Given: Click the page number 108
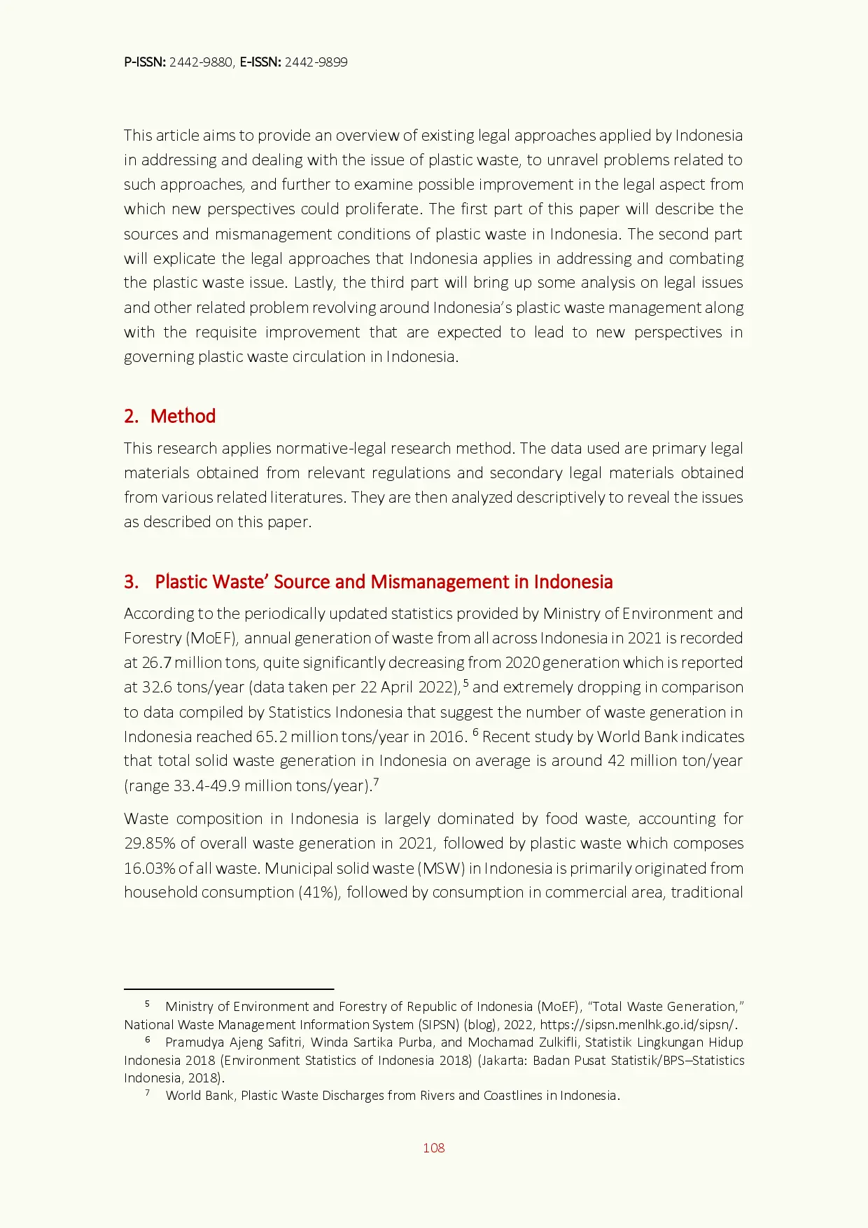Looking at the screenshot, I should click(x=433, y=1147).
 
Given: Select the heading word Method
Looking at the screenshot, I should click(x=183, y=416).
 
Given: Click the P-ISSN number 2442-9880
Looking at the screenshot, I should click(x=201, y=62).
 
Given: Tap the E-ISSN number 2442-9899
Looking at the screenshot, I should click(x=316, y=62).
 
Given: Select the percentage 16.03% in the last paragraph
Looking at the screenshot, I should click(x=149, y=868).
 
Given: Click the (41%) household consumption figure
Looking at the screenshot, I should click(x=319, y=893).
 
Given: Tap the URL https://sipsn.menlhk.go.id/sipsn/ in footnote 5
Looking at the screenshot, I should click(x=638, y=1024).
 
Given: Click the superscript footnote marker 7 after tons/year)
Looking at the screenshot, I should click(x=376, y=782).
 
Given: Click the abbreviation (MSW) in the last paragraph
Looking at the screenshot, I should click(x=441, y=868).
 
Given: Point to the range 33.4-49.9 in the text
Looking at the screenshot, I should click(x=206, y=786).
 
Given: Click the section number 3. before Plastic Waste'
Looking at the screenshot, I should click(x=131, y=582).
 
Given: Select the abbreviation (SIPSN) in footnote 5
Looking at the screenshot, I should click(x=438, y=1024).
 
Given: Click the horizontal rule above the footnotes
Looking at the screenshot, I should click(x=228, y=989).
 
